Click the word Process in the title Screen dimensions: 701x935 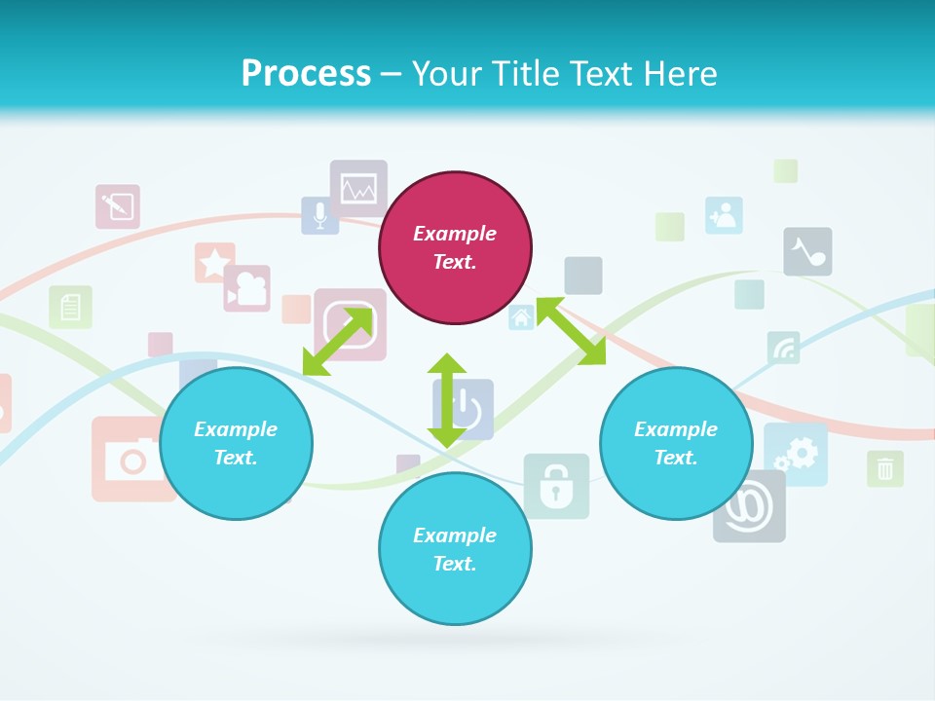point(306,74)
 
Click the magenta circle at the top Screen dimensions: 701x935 point(455,247)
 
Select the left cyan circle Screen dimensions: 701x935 point(236,443)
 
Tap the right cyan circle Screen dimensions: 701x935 point(676,443)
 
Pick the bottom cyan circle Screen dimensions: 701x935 point(455,549)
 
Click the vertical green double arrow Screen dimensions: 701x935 point(446,401)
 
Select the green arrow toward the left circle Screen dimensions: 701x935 point(338,341)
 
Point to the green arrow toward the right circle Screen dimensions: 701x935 point(571,331)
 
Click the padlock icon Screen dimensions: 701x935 point(556,485)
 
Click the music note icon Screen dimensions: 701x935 point(807,252)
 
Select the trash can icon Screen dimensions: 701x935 point(884,468)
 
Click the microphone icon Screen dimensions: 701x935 point(319,215)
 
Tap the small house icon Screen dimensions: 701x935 point(521,317)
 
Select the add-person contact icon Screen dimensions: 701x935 point(724,215)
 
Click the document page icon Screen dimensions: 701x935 point(70,308)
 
